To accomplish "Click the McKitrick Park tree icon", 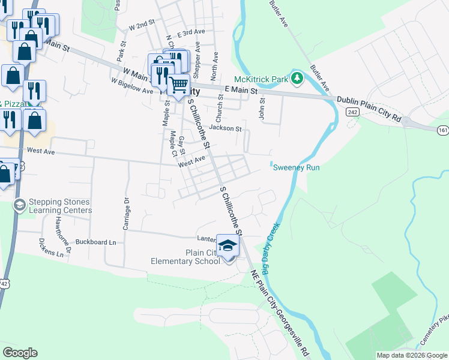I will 297,79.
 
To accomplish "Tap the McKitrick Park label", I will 261,79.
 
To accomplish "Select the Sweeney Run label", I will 297,168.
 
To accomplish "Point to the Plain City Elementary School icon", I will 228,246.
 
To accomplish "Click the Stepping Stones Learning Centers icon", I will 19,205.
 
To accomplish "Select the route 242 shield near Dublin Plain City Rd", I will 352,112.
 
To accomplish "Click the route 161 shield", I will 443,129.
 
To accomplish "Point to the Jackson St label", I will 225,128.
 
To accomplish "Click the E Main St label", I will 241,91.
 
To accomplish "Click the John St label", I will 262,110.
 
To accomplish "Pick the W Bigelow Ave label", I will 132,85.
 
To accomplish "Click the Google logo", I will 20,353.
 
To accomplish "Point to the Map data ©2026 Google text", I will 411,355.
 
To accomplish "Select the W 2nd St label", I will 142,25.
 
